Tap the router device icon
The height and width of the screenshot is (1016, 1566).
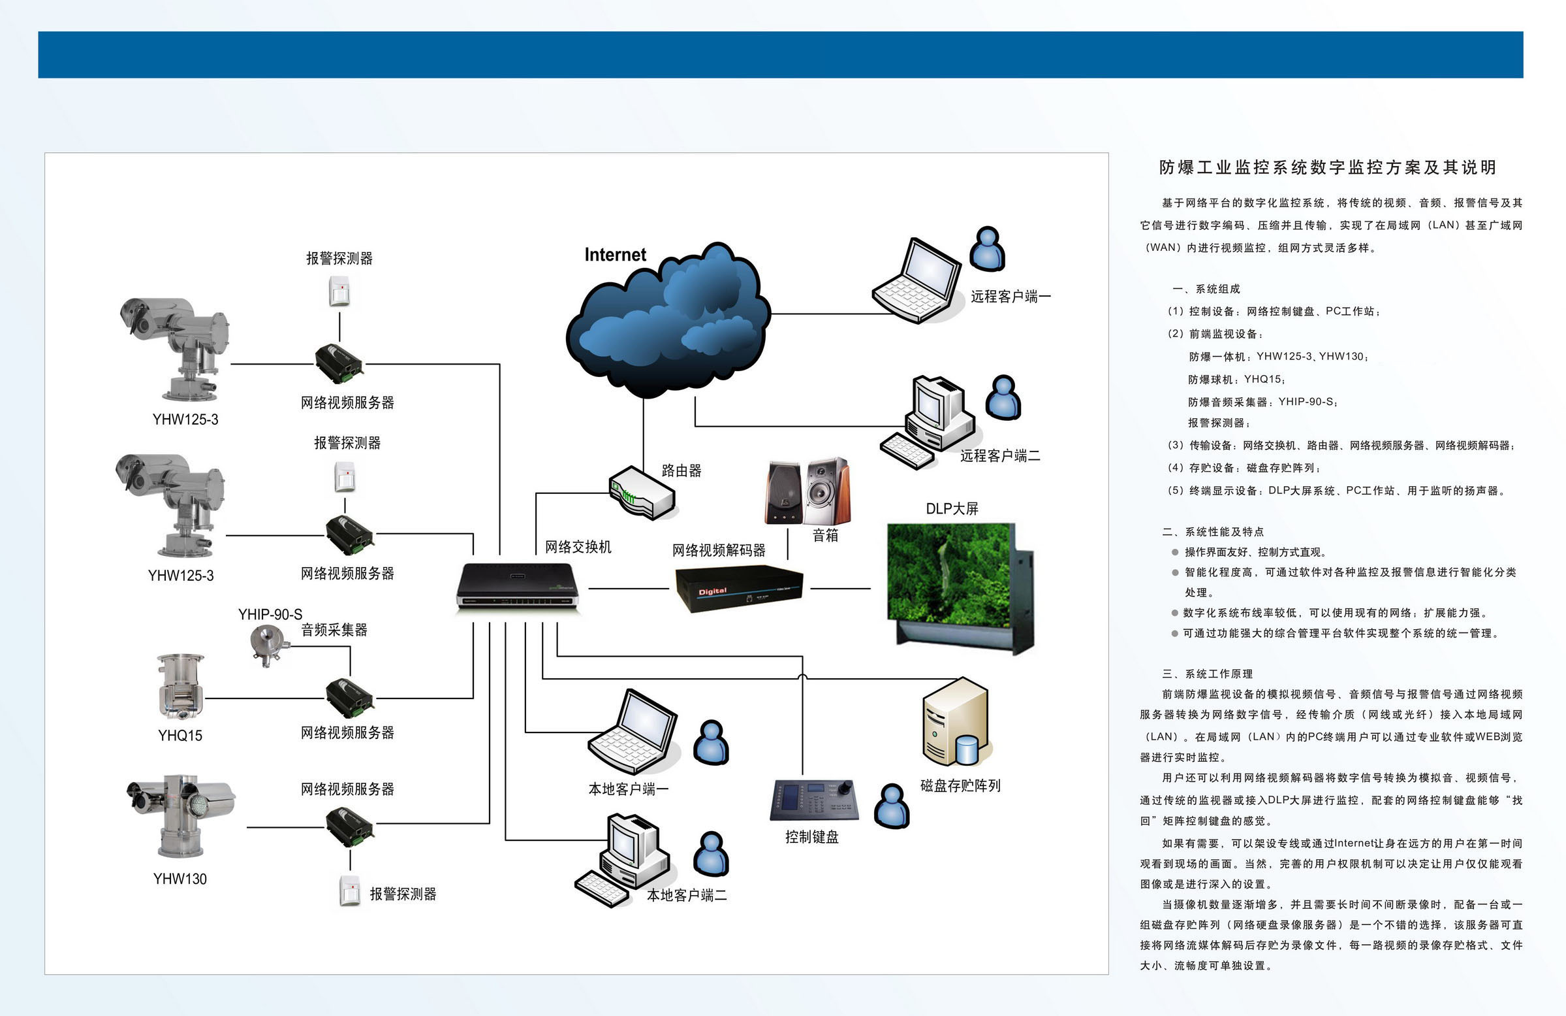coord(642,492)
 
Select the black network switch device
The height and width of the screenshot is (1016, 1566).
coord(518,585)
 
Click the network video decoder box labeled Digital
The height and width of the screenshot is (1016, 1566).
coord(739,588)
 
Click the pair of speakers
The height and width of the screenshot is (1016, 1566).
coord(807,491)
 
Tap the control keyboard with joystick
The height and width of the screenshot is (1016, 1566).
coord(815,799)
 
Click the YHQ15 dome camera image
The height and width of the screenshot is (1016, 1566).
coord(180,686)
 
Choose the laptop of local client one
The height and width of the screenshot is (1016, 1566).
coord(633,732)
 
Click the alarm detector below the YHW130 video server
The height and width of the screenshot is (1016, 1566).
coord(350,891)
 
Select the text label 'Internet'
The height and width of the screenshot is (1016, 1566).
coord(615,255)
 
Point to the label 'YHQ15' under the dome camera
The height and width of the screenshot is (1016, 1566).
coord(180,736)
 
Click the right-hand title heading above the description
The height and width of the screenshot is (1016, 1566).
coord(1328,167)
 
